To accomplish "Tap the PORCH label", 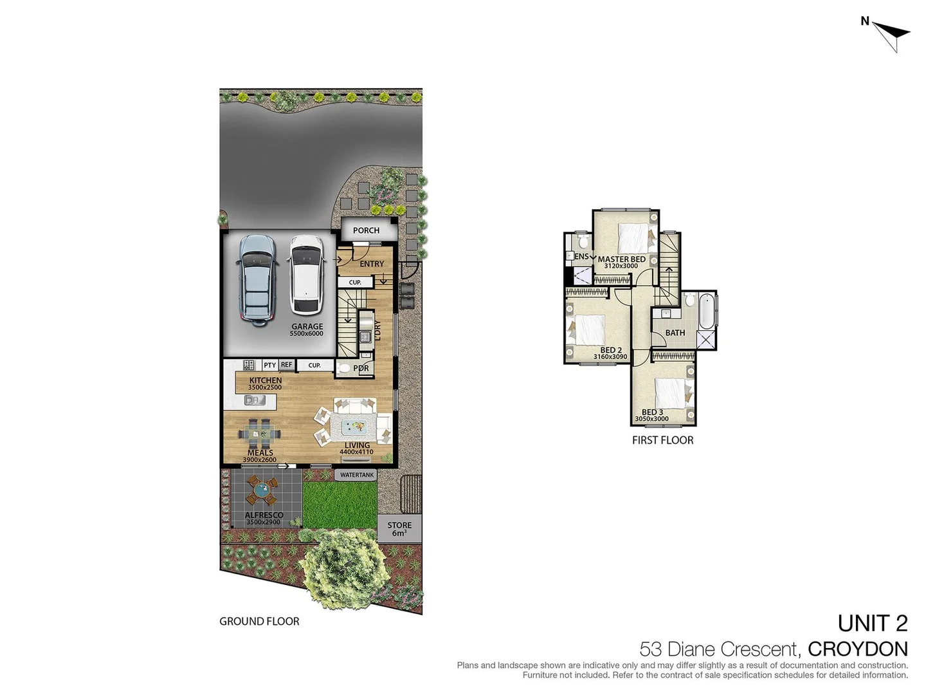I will coord(366,230).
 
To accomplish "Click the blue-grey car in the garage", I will coord(257,279).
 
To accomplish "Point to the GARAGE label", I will coord(307,326).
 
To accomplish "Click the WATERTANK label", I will coord(356,475).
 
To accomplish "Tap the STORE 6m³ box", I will coord(399,528).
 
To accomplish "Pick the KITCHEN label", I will coord(266,380).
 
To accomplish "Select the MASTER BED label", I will coord(621,259).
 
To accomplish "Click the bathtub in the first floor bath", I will coord(706,310).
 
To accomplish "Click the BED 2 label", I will coord(610,350).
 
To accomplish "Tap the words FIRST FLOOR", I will coord(662,440).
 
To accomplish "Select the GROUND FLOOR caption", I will coord(259,621).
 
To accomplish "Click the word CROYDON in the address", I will coord(857,649).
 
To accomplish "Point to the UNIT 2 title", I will coord(872,623).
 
